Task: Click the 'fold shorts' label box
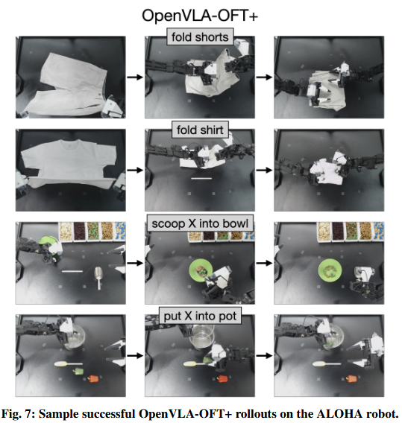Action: click(x=200, y=37)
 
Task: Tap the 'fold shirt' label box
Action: click(x=200, y=130)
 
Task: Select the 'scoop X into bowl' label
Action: click(x=200, y=223)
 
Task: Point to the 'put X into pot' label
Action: click(x=200, y=316)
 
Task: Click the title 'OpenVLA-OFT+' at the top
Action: click(x=200, y=16)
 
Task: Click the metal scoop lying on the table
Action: click(x=98, y=278)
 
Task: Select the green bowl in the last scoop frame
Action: click(x=330, y=270)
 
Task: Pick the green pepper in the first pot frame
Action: click(x=78, y=371)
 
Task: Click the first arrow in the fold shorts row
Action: click(x=135, y=77)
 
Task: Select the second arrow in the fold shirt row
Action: click(x=264, y=170)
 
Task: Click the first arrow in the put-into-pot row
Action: click(x=135, y=355)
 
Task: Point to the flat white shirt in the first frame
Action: click(x=68, y=163)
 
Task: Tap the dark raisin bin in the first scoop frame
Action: click(x=79, y=231)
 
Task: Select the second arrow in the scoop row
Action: click(x=264, y=263)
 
